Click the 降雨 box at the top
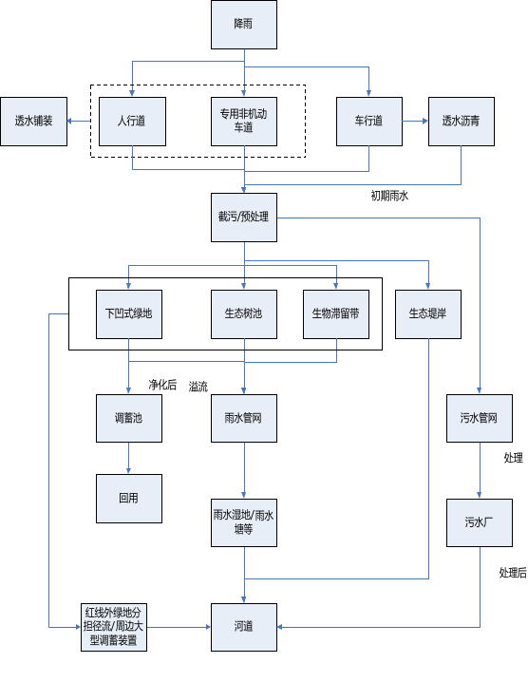click(244, 25)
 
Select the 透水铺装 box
click(33, 122)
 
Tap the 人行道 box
click(132, 122)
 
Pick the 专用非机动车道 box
click(244, 122)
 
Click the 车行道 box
click(369, 122)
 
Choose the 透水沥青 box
click(462, 122)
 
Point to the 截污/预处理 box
click(244, 218)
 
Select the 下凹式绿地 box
click(129, 314)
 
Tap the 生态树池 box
click(244, 314)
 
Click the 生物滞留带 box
click(336, 314)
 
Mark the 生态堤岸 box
click(428, 314)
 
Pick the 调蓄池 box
click(129, 419)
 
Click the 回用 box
click(129, 499)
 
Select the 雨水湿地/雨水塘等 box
click(244, 522)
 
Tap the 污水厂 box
click(480, 522)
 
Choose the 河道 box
click(244, 627)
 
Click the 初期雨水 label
click(389, 196)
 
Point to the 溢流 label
click(198, 387)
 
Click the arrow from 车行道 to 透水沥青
click(415, 121)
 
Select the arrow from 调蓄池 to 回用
click(129, 458)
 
